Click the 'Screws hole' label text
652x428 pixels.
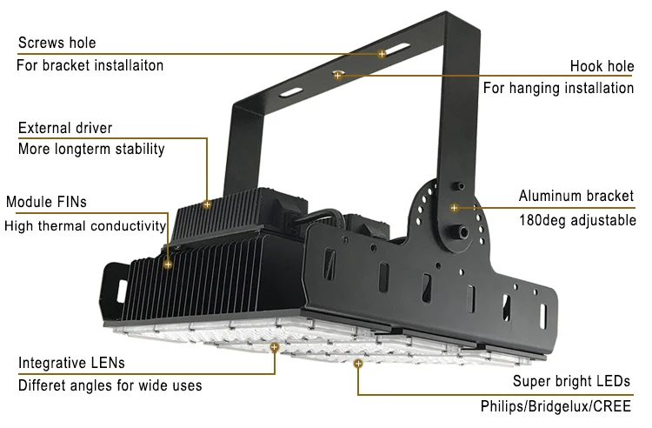(57, 43)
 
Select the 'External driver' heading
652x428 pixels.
(65, 128)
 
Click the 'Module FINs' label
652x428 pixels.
(46, 203)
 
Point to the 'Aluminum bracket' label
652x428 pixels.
(576, 196)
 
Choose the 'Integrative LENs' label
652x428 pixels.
(71, 362)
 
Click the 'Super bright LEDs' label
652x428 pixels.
(571, 381)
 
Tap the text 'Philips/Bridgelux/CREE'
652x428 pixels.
(556, 405)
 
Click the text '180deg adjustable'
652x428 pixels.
(577, 220)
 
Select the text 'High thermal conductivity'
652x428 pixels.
(85, 226)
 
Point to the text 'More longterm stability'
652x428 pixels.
(91, 149)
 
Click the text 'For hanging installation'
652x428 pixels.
(558, 88)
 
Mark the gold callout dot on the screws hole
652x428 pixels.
(382, 54)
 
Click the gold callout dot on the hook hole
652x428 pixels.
(337, 76)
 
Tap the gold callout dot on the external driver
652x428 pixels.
(207, 204)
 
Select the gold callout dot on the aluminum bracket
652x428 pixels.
(454, 208)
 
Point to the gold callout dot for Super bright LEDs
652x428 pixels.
(357, 366)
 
